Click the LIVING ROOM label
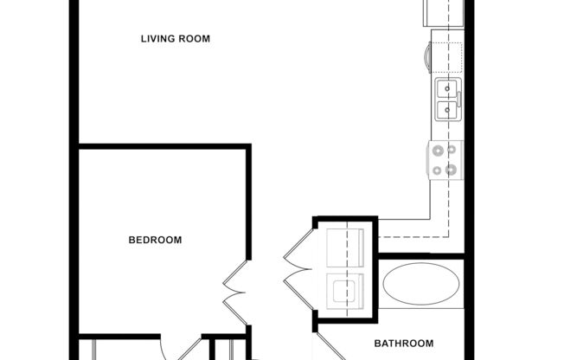(x=176, y=39)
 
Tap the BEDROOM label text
(x=155, y=241)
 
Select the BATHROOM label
(x=403, y=344)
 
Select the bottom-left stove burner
(x=437, y=170)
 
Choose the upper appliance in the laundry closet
(x=346, y=247)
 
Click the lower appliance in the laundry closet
(x=346, y=290)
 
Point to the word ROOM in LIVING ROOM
(x=194, y=39)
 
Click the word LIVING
(x=157, y=39)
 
